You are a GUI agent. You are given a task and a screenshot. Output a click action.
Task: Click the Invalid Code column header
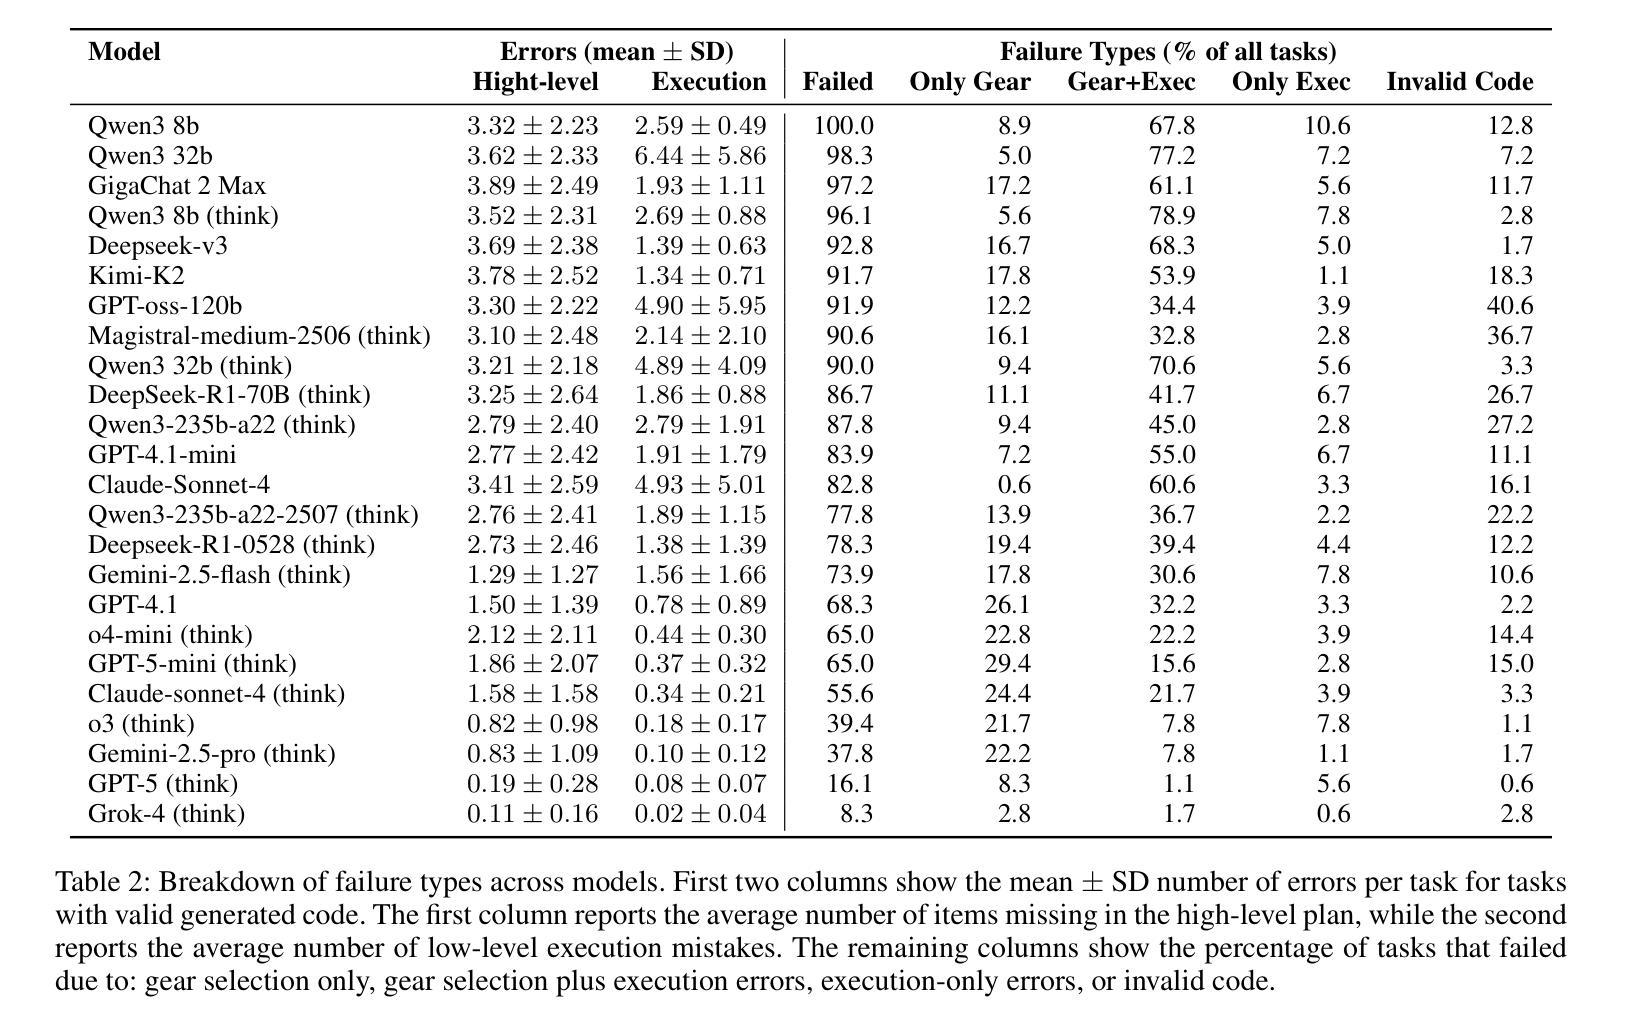[1460, 81]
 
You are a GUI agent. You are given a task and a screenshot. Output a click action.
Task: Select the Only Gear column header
[970, 81]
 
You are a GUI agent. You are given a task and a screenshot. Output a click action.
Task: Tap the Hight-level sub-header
[535, 81]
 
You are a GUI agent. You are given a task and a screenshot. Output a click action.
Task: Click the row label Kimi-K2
[136, 275]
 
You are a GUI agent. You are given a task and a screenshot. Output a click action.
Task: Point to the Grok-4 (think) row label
[166, 813]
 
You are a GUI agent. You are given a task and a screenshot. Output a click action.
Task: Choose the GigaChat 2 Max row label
[177, 185]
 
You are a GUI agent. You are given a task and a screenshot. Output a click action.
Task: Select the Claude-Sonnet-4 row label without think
[179, 484]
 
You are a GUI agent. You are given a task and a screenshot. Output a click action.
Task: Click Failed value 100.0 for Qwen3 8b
[843, 126]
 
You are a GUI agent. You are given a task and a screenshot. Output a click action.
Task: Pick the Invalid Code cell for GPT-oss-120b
[1510, 305]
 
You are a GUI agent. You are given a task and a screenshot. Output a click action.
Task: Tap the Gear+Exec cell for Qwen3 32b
[1172, 155]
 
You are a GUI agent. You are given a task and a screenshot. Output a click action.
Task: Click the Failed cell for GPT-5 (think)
[850, 783]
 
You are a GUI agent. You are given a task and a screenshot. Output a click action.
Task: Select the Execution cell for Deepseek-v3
[700, 245]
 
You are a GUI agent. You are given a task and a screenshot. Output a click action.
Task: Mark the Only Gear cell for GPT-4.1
[1007, 604]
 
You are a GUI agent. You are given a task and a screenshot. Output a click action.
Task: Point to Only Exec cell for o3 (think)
[1334, 723]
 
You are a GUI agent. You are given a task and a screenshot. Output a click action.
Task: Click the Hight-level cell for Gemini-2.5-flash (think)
[532, 575]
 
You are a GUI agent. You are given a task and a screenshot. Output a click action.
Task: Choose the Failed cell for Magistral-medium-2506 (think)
[850, 335]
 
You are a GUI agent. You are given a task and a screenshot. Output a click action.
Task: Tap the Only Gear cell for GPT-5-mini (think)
[1007, 663]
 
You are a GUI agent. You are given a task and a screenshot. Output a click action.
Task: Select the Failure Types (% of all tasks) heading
[1168, 52]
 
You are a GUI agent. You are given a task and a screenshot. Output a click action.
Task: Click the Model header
[124, 52]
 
